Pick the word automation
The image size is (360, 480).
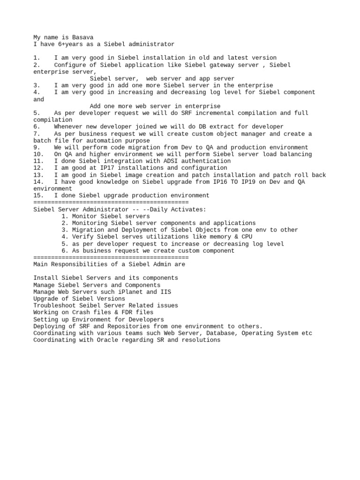click(97, 141)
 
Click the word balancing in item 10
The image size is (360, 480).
click(296, 154)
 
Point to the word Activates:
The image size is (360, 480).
click(188, 209)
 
